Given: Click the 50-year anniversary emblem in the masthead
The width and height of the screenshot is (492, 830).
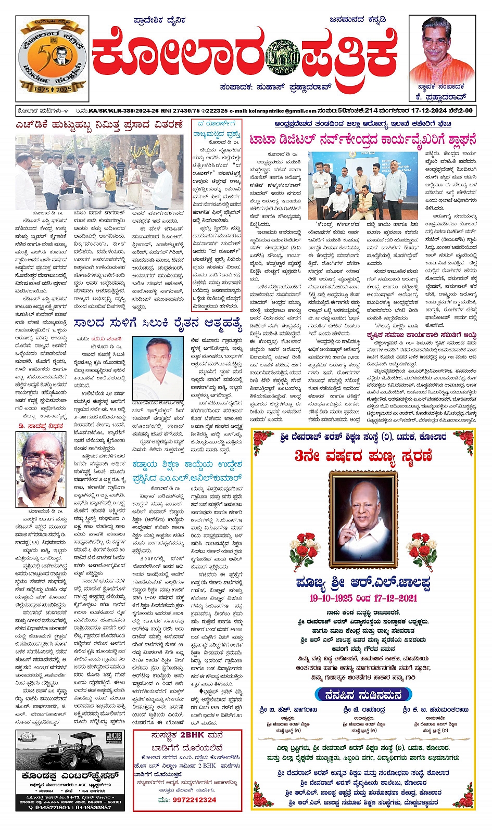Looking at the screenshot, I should [52, 58].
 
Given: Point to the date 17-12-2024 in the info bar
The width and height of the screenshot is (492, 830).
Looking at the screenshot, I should [411, 110].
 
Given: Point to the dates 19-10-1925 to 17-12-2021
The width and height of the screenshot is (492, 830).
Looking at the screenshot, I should [363, 598].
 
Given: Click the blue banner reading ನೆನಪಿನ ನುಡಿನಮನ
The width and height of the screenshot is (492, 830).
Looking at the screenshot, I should [363, 695].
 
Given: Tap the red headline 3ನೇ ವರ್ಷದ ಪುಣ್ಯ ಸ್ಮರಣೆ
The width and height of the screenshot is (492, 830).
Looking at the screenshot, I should [363, 456].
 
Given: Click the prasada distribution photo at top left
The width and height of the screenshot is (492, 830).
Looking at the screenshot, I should [99, 172].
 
